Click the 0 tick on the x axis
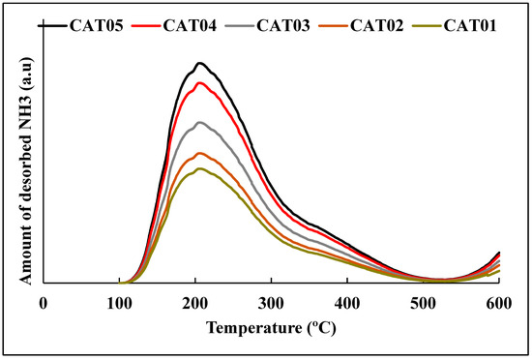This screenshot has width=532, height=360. pos(44,302)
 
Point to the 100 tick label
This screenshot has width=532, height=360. pos(119,302)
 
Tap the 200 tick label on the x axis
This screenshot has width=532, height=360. pos(195,302)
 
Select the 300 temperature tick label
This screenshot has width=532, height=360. pos(271,302)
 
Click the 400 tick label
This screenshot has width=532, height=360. pos(347,302)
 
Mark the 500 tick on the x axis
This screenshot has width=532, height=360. pos(423,302)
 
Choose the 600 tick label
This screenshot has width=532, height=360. pos(499,302)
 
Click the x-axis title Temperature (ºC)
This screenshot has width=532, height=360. pos(271,328)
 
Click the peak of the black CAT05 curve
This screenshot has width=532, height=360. pos(199,63)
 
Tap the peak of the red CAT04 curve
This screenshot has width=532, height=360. pos(199,83)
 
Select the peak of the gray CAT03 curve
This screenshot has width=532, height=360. pos(199,122)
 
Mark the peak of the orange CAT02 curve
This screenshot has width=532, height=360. pos(199,153)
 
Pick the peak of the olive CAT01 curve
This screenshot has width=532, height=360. pos(199,168)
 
